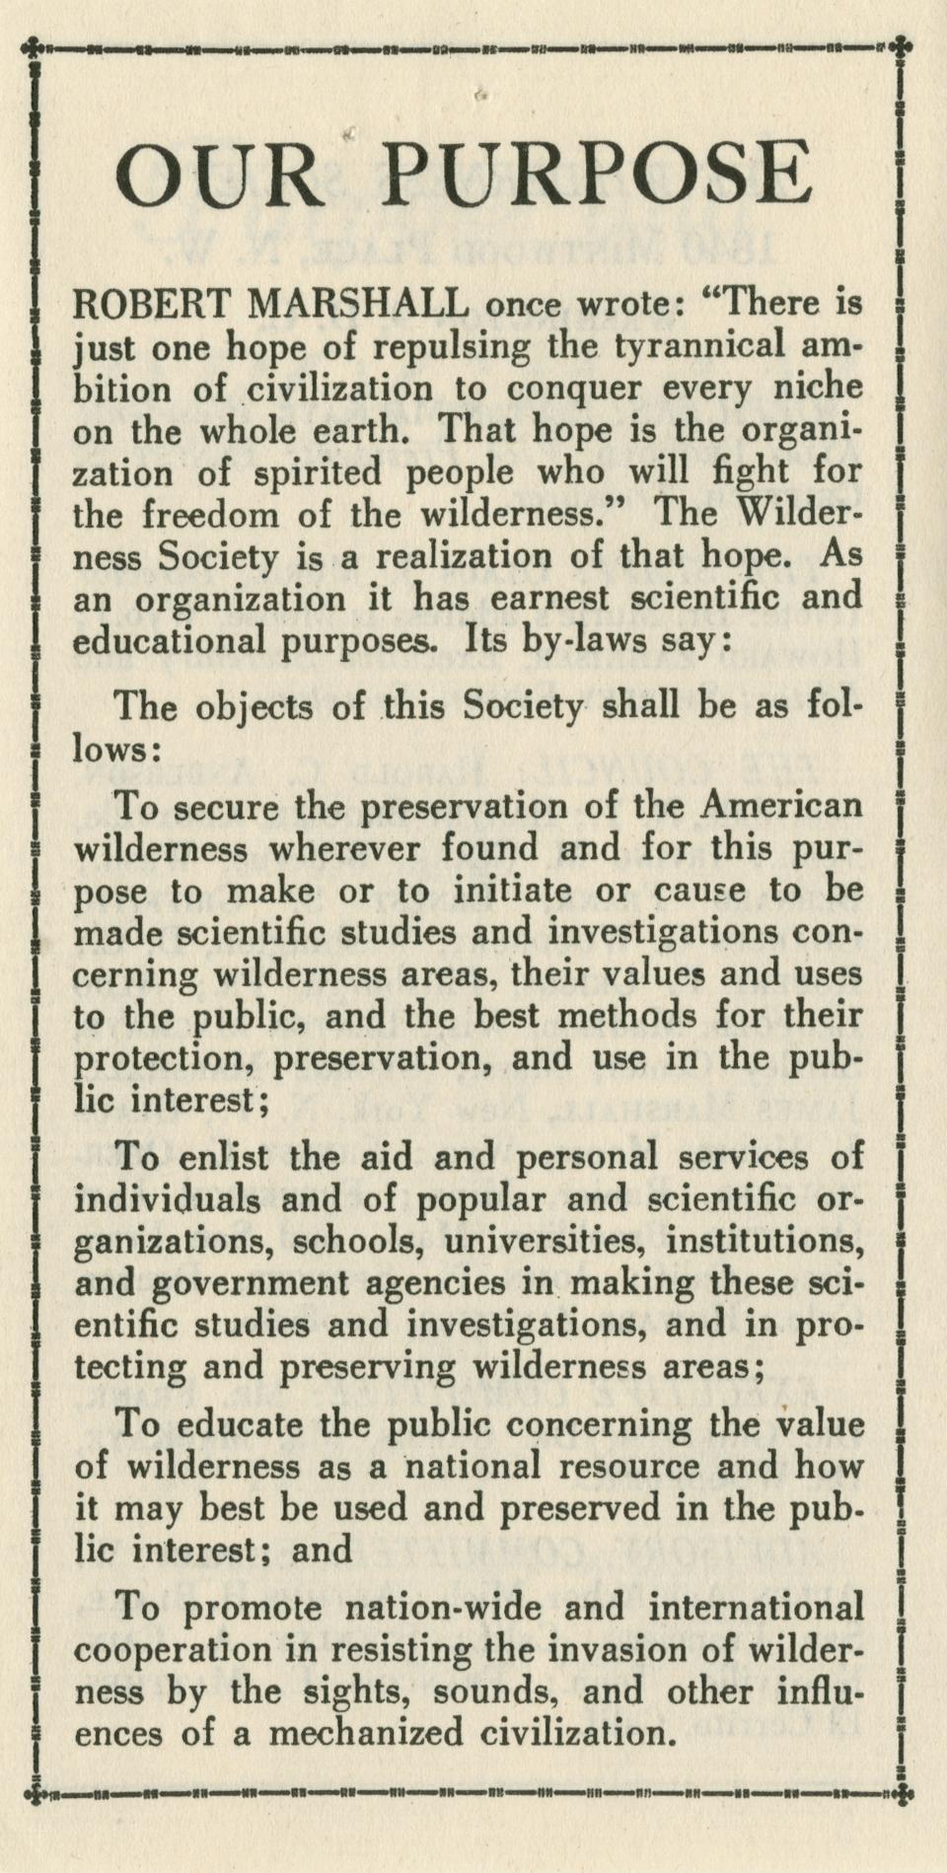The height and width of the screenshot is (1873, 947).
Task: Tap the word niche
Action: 815,388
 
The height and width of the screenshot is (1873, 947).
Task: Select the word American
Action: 780,806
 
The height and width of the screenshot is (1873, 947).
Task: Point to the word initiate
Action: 519,891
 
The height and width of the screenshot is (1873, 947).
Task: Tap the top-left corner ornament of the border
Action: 36,45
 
